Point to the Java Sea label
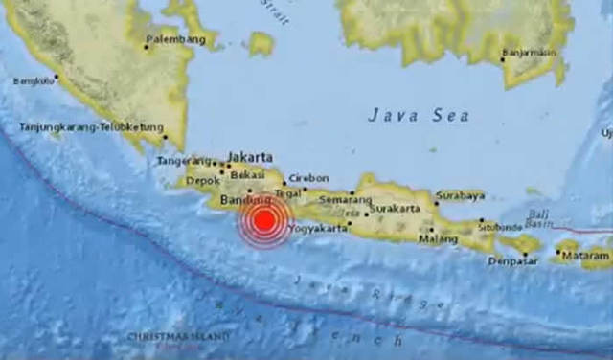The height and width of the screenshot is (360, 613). [419, 115]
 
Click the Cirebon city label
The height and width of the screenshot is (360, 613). [308, 178]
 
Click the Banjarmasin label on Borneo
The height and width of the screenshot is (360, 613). [531, 53]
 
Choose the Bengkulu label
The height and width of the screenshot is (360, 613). [34, 81]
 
